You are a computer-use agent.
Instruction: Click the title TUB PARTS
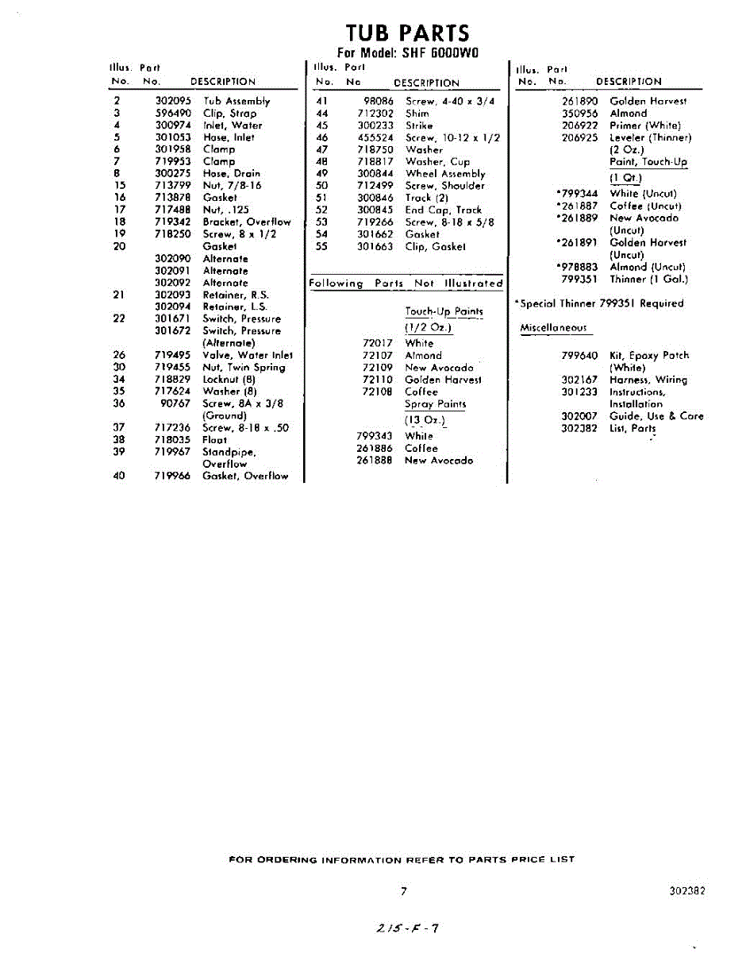coord(407,33)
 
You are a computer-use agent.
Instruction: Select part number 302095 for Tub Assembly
coord(172,101)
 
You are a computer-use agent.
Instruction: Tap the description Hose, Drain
coord(231,173)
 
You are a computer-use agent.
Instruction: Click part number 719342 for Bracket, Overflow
coord(172,222)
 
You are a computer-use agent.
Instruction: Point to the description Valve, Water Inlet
coord(248,355)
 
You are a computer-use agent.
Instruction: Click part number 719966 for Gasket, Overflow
coord(172,476)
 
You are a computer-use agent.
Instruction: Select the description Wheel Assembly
coord(445,173)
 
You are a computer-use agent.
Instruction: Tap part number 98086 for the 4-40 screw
coord(379,101)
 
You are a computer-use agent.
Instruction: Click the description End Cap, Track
coord(443,210)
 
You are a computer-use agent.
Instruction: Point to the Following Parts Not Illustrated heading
coord(406,283)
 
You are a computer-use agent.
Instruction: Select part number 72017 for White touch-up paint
coord(378,343)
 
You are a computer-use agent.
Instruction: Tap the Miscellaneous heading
coord(553,328)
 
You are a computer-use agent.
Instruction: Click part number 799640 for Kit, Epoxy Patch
coord(579,355)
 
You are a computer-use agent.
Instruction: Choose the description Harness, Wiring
coord(648,380)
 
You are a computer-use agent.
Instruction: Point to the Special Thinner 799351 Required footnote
coord(598,303)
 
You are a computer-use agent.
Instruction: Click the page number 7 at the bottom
coord(404,891)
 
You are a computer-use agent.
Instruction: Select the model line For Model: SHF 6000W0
coord(407,53)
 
